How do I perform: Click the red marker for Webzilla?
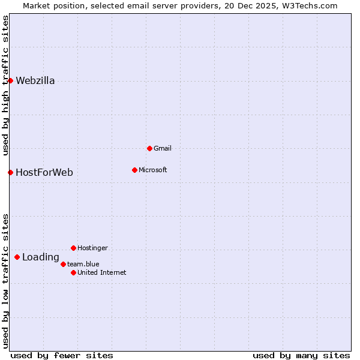pos(10,80)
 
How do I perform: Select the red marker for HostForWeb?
pos(10,172)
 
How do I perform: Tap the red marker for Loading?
pos(17,257)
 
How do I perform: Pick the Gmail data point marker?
pos(149,148)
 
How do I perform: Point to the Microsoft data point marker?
pos(134,170)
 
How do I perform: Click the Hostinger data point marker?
pos(73,248)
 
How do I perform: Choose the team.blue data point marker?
pos(63,264)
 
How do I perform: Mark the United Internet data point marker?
pos(73,272)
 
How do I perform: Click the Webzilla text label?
pos(35,81)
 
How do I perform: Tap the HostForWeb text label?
pos(44,173)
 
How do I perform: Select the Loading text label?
pos(41,257)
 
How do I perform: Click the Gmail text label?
pos(163,148)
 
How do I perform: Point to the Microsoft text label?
pos(153,170)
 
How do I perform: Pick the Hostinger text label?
pos(93,248)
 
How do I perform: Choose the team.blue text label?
pos(83,264)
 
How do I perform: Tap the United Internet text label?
pos(102,272)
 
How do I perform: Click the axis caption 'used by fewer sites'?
pos(62,355)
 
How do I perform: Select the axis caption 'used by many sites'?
pos(301,355)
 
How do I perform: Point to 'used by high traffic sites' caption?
pos(5,85)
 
